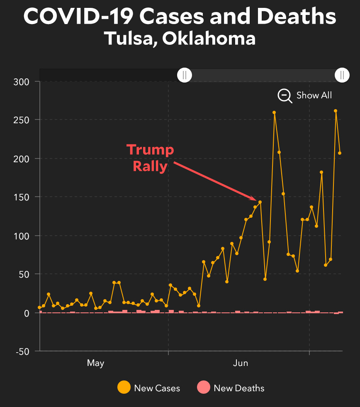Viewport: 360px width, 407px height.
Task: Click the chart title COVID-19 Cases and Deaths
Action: click(x=180, y=17)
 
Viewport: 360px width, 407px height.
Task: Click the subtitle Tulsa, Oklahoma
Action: click(x=180, y=39)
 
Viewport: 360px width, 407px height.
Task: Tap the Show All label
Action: click(x=314, y=95)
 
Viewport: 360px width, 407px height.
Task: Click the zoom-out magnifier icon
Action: click(x=285, y=95)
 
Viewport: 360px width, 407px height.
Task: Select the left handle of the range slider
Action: click(x=185, y=75)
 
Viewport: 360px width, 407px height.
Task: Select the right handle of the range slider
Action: click(x=342, y=75)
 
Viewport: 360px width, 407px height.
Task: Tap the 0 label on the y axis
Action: click(x=27, y=313)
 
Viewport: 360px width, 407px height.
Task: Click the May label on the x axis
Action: click(x=95, y=363)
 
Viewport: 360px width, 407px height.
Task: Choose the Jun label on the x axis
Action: click(x=241, y=363)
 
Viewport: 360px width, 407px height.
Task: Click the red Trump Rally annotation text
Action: click(x=150, y=158)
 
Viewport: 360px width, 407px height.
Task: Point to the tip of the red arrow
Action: click(x=256, y=200)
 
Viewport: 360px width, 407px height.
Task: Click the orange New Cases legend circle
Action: click(x=124, y=388)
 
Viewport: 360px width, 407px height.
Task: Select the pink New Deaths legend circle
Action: click(x=203, y=388)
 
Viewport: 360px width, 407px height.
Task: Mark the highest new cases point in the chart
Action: click(x=336, y=111)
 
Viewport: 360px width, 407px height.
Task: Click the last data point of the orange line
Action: click(x=340, y=153)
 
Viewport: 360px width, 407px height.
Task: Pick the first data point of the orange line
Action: click(x=39, y=307)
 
